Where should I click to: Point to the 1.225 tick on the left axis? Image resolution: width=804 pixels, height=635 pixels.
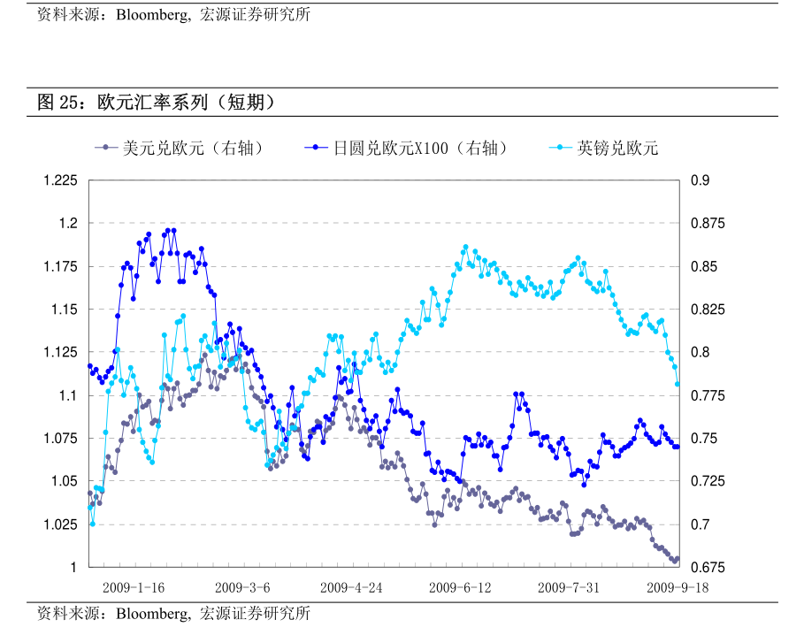coord(60,180)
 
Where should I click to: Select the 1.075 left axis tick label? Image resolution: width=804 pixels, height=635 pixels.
coord(60,439)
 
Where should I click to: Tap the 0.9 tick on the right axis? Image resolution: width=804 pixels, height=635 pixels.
coord(700,180)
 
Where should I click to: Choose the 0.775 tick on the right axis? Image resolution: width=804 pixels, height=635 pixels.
coord(707,396)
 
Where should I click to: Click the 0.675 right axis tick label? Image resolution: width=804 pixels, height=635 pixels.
coord(707,567)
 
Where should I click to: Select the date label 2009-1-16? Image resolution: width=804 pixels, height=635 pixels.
coord(133,587)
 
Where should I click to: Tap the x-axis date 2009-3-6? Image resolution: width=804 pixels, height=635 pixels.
coord(242,587)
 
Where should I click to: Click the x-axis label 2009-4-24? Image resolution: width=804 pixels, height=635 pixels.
coord(351,587)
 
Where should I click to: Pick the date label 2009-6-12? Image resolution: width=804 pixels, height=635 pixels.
coord(460,587)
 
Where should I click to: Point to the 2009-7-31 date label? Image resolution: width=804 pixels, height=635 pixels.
coord(569,587)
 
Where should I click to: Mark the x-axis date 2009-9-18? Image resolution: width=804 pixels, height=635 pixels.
coord(678,587)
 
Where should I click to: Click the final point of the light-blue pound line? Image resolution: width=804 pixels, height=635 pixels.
coord(678,384)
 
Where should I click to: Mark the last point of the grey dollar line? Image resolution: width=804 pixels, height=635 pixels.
coord(678,558)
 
